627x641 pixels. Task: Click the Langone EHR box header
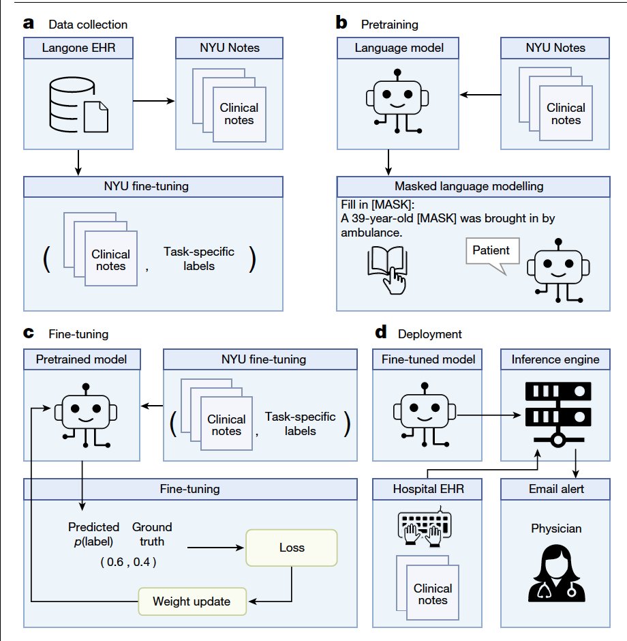click(79, 48)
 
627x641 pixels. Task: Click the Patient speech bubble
click(491, 251)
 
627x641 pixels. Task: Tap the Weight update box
click(191, 601)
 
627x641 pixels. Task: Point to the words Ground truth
click(152, 533)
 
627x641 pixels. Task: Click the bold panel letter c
click(29, 333)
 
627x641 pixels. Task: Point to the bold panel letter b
click(342, 23)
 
